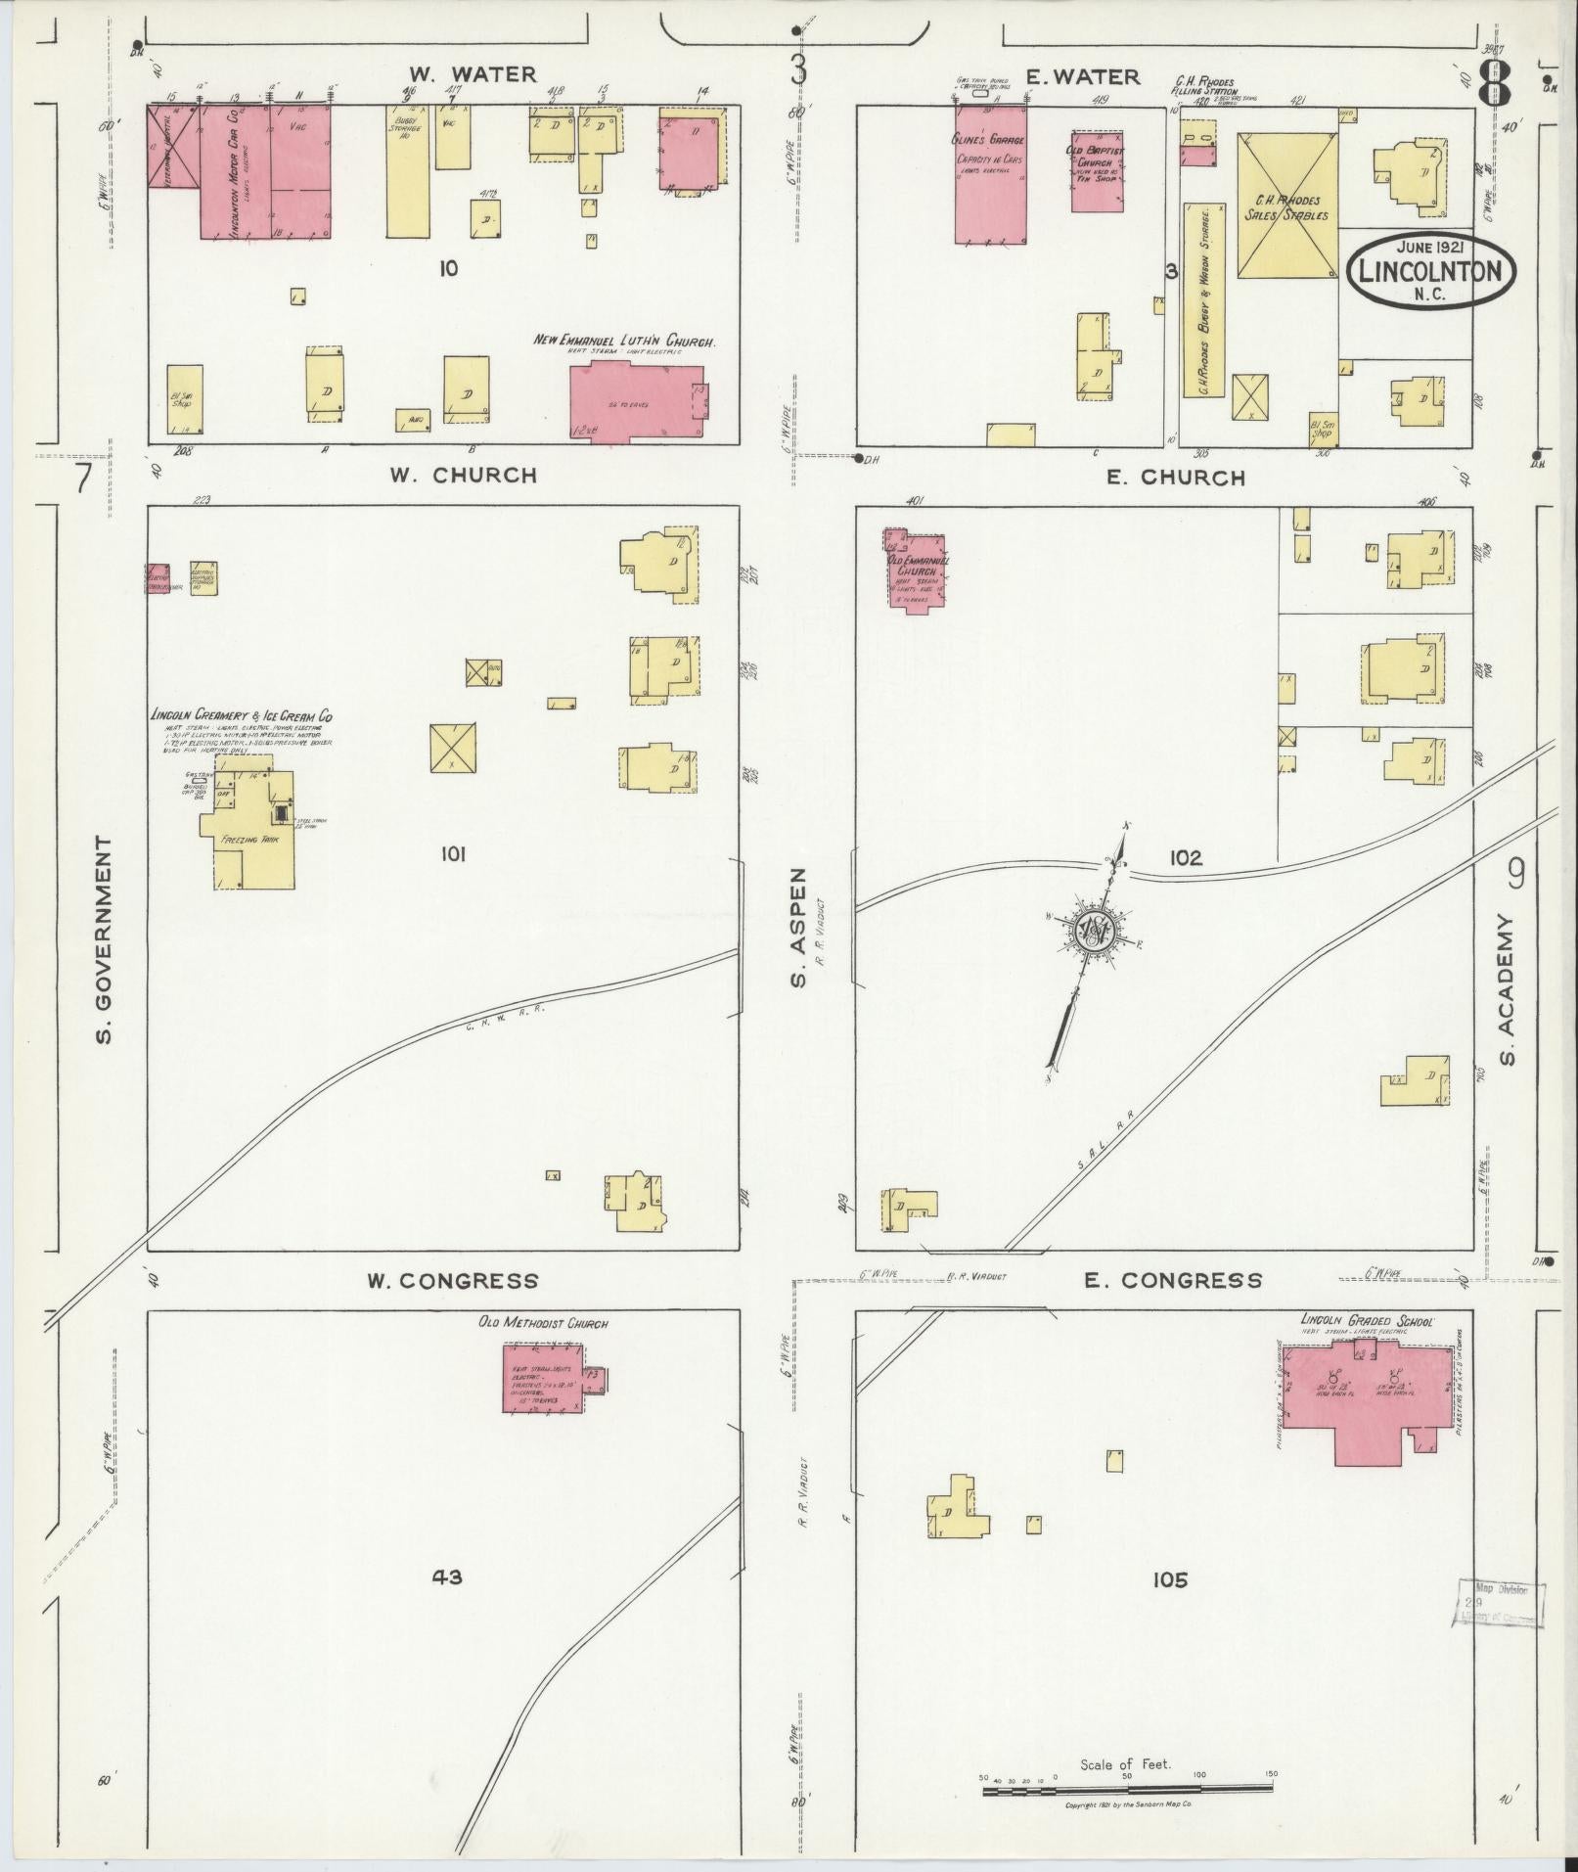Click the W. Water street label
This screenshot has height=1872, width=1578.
point(473,74)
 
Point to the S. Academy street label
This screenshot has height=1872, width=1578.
point(1507,990)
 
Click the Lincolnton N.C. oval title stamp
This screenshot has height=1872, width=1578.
point(1430,271)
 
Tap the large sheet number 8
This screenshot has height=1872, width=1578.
point(1493,86)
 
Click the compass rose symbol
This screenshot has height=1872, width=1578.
point(1094,932)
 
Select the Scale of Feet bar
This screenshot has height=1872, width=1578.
point(1127,1790)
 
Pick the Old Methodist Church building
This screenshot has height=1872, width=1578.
point(543,1378)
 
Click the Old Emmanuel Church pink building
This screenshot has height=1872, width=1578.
point(915,570)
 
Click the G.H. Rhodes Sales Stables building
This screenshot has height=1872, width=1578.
point(1285,205)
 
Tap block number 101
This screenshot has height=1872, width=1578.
point(451,854)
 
